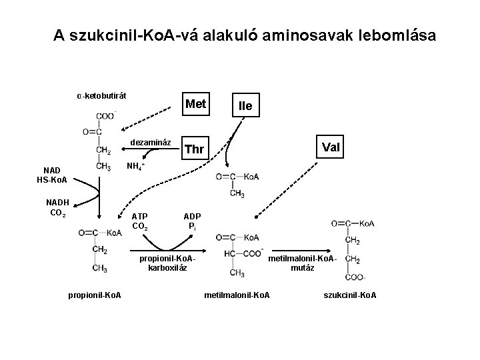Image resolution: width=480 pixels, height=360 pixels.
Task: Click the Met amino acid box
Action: click(195, 105)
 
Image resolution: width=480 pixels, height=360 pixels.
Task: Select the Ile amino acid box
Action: click(241, 107)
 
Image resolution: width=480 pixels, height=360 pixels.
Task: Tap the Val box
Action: click(331, 145)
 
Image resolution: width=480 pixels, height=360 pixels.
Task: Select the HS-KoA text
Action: click(52, 180)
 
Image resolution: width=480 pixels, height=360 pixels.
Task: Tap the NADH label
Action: click(58, 203)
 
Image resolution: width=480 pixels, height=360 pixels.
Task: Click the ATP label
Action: click(140, 216)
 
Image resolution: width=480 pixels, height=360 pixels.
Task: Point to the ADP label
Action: click(192, 216)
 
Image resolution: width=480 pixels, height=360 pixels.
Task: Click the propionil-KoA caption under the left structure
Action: click(95, 295)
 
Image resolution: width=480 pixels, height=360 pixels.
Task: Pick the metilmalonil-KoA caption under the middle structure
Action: click(237, 295)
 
